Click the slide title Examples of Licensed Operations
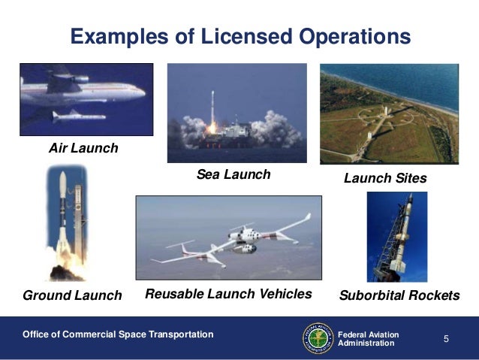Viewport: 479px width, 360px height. [240, 36]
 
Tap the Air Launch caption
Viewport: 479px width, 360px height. [83, 148]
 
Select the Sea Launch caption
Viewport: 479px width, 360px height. [233, 175]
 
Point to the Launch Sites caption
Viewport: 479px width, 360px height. [384, 178]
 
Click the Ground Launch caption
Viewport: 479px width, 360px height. [72, 295]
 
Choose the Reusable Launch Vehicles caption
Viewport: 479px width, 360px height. [227, 294]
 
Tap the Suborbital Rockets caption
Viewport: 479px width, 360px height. [399, 295]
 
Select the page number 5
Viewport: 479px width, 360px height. [446, 338]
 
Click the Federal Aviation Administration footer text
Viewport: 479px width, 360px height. [369, 338]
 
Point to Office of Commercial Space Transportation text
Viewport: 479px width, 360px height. [118, 334]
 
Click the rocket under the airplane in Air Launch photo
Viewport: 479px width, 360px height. [75, 116]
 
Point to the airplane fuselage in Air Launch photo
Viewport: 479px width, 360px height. [83, 89]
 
